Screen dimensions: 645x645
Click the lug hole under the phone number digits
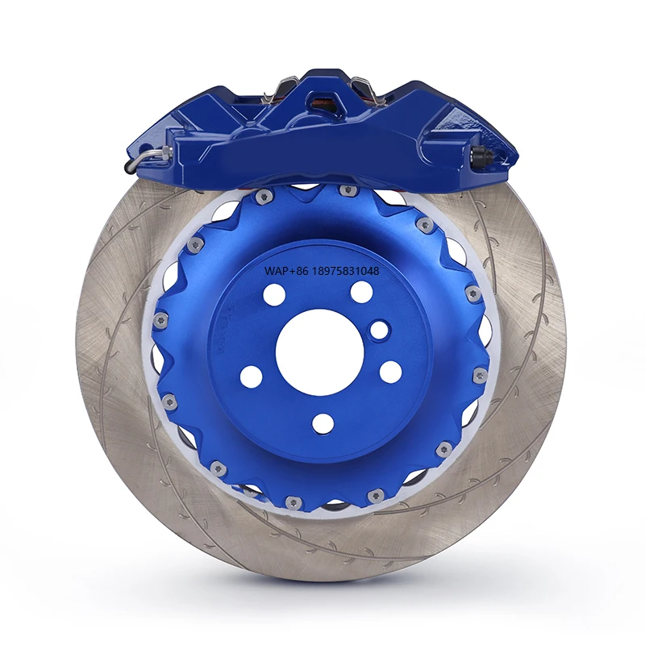(x=362, y=291)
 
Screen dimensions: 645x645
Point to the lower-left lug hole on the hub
(x=252, y=375)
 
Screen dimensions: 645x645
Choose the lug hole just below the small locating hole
(x=390, y=371)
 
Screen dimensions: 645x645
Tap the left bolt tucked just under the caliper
(x=260, y=196)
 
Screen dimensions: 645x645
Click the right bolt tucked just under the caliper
(x=348, y=190)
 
